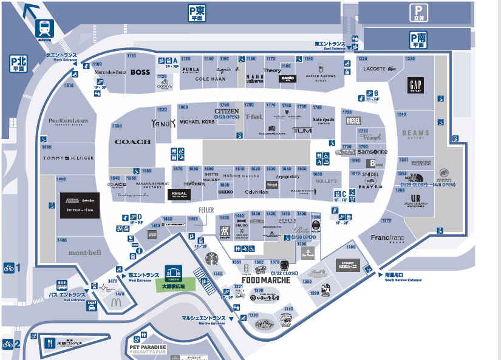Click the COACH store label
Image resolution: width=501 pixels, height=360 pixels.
[132, 141]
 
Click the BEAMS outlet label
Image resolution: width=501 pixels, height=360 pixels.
[415, 133]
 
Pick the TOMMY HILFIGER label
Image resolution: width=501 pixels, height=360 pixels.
[68, 158]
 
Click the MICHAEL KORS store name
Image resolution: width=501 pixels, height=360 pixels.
[197, 121]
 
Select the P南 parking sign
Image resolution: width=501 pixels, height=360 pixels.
[417, 40]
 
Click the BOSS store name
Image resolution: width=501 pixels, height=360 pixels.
[140, 72]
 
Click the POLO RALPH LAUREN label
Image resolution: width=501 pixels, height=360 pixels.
[68, 121]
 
